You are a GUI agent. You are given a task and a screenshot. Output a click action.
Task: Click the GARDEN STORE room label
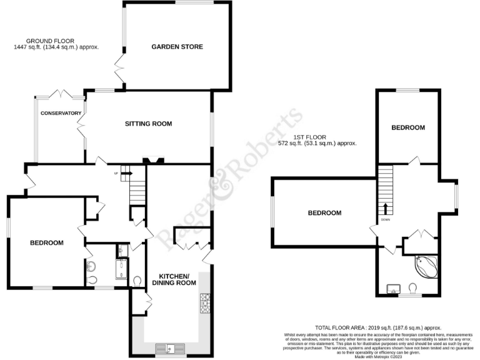point(177,47)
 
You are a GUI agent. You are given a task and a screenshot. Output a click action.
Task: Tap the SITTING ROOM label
point(147,124)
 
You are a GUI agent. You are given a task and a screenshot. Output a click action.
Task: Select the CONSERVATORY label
point(61,113)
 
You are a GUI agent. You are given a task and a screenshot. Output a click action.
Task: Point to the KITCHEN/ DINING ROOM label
point(175,279)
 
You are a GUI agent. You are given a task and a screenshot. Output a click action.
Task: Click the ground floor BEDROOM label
point(47,242)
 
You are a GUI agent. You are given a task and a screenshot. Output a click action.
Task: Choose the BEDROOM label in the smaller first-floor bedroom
point(408,127)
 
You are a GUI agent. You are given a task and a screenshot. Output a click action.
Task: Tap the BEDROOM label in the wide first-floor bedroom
point(325,213)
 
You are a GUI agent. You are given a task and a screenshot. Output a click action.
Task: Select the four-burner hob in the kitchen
point(204,304)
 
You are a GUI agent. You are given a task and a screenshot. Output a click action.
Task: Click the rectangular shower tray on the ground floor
point(121,269)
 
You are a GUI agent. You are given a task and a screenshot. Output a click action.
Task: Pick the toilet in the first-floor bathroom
point(412,287)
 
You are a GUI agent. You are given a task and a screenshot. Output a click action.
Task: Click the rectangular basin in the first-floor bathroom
point(394,287)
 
